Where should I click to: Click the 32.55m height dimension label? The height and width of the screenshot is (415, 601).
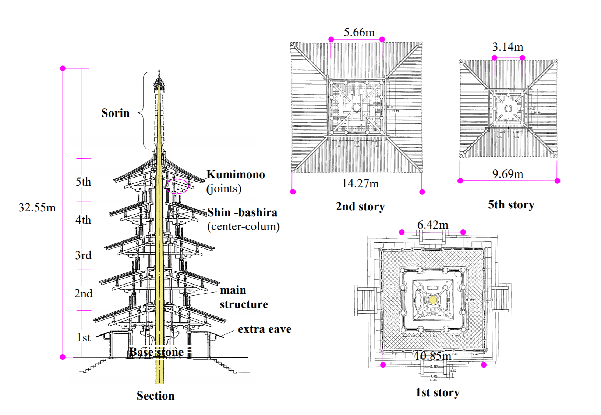[x=37, y=208]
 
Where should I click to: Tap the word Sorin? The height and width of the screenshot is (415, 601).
[x=115, y=113]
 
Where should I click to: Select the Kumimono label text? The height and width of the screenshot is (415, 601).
[x=236, y=174]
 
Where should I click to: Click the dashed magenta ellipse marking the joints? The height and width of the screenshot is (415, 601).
[x=177, y=186]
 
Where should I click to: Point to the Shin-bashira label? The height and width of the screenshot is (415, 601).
[x=242, y=212]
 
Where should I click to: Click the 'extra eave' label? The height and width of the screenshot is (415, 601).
[x=264, y=329]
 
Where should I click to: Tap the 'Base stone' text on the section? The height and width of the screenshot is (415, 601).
[x=156, y=352]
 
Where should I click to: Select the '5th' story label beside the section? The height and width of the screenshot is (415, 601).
[x=83, y=182]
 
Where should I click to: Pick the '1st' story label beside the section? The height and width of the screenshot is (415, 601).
[x=84, y=338]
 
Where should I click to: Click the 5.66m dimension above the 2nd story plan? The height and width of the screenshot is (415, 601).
[x=359, y=32]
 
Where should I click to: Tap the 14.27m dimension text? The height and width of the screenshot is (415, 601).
[x=360, y=183]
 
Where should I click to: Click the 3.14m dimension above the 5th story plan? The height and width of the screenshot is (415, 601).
[x=508, y=47]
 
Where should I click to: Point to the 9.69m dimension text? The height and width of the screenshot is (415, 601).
[x=508, y=174]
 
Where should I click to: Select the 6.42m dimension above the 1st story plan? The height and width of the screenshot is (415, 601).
[x=433, y=225]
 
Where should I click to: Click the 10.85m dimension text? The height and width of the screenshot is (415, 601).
[x=432, y=356]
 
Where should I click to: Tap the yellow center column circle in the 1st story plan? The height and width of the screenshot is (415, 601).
[x=433, y=300]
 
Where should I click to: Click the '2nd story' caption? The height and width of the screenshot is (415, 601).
[x=360, y=207]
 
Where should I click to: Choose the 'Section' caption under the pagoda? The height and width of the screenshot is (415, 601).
[x=155, y=396]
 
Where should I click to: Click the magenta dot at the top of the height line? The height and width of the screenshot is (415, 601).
[x=63, y=68]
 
